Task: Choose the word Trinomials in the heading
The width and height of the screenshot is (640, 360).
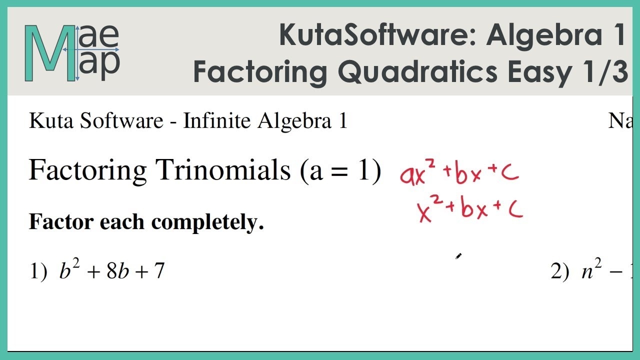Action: tap(223, 170)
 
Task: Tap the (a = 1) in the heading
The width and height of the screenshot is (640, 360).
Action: tap(340, 170)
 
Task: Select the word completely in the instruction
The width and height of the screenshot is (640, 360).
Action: tap(207, 222)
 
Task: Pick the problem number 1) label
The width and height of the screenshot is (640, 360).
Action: tap(38, 271)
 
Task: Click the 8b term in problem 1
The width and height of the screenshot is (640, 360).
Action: tap(118, 271)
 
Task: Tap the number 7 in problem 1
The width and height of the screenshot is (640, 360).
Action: tap(159, 271)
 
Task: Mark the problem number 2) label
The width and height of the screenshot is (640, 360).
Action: tap(559, 271)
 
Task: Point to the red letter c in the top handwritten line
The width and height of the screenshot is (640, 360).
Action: tap(510, 173)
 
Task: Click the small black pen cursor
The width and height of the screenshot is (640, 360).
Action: tap(458, 256)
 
